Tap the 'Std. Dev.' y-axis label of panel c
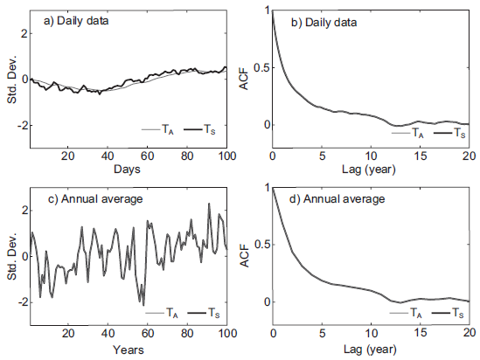point(10,256)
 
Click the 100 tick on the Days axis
point(226,156)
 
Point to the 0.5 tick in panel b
point(260,68)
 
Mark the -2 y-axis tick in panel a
point(21,125)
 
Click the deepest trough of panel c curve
point(143,304)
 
